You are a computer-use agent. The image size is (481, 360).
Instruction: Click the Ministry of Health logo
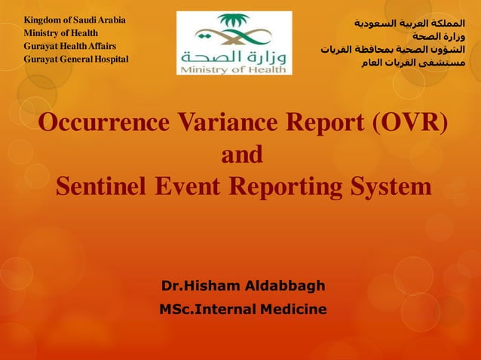[x=234, y=43]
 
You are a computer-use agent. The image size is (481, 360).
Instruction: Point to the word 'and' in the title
[x=241, y=154]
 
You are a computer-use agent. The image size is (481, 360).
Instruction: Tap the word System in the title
[x=391, y=186]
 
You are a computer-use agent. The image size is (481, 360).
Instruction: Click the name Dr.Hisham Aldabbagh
[x=243, y=286]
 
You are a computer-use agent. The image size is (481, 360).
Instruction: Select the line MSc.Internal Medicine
[x=243, y=309]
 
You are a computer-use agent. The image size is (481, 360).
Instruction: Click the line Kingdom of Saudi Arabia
[x=75, y=20]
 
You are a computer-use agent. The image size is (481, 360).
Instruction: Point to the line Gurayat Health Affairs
[x=69, y=46]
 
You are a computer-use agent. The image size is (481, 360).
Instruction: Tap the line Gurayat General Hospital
[x=75, y=59]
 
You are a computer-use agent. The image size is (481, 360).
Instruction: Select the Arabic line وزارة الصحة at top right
[x=443, y=35]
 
